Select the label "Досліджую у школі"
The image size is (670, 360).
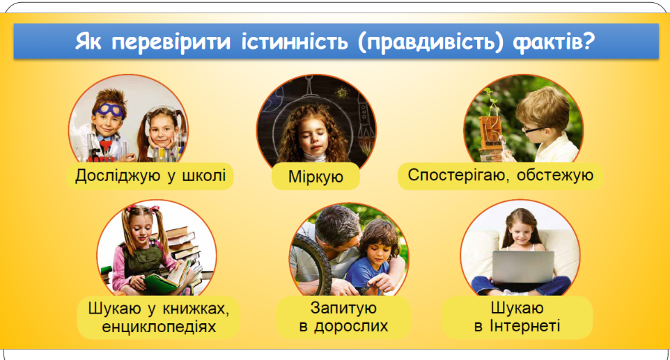tap(150, 175)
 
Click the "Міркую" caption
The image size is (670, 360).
tap(315, 176)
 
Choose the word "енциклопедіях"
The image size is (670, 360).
tap(159, 327)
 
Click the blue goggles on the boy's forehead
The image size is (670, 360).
tap(109, 110)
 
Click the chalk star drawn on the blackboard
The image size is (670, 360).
tap(342, 92)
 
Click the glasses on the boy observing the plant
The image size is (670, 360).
tap(533, 128)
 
